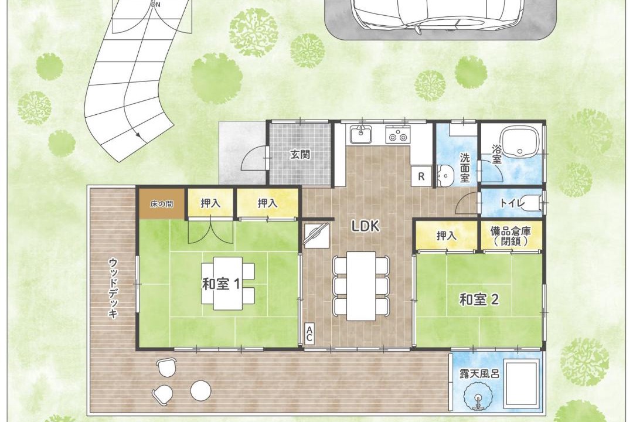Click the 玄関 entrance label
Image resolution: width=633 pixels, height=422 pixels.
[x=300, y=154]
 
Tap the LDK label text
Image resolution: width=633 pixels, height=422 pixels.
[x=365, y=227]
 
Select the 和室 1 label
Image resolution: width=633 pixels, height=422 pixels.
[x=221, y=284]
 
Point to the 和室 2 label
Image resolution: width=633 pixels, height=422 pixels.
[x=479, y=300]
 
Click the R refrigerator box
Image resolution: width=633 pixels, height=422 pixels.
[x=421, y=176]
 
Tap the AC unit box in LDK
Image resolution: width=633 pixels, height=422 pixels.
[x=309, y=334]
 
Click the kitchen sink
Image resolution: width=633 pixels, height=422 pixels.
[x=361, y=134]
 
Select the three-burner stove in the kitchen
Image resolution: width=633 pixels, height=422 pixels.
[x=397, y=134]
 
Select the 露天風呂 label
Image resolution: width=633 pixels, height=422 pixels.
[x=479, y=373]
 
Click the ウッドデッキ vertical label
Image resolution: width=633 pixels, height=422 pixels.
[x=114, y=288]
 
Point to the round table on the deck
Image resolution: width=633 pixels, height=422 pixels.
[x=200, y=390]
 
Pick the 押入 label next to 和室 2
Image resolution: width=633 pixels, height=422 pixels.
[x=446, y=236]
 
